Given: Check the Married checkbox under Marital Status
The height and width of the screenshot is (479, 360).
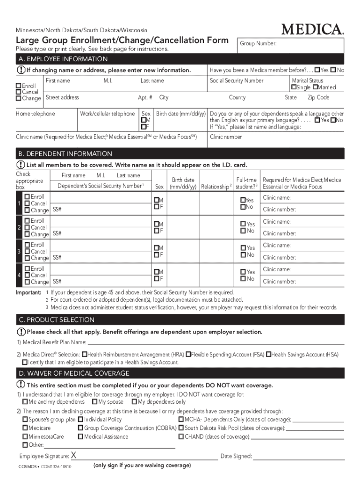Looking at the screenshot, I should (x=316, y=87).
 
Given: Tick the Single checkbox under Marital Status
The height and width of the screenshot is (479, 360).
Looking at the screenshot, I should (x=294, y=87).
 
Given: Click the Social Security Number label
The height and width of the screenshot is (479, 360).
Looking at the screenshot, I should (x=237, y=81).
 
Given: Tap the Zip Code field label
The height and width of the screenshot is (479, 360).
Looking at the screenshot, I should (x=318, y=98).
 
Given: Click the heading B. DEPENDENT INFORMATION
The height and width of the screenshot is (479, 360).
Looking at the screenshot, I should (x=65, y=154).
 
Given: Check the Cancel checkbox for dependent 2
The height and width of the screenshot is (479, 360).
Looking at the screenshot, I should (x=27, y=227).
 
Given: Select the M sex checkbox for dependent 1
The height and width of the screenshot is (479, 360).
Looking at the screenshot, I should (x=157, y=200).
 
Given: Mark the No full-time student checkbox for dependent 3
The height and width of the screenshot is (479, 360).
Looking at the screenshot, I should (x=243, y=255).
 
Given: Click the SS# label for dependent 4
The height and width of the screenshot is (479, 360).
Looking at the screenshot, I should (x=57, y=282).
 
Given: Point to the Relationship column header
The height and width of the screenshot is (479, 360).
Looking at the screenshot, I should (x=216, y=187).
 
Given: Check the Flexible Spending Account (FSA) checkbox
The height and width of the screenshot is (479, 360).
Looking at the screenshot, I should (x=188, y=355).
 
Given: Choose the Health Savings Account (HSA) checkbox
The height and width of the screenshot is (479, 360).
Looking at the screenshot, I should (x=268, y=355).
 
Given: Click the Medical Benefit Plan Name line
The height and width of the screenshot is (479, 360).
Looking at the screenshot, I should (x=215, y=342).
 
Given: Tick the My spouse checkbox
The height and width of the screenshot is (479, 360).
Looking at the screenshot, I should (x=95, y=402).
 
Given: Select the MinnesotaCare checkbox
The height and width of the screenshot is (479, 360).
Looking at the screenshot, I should (x=25, y=436).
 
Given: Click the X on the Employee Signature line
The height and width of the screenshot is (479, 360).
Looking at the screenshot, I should (x=74, y=456).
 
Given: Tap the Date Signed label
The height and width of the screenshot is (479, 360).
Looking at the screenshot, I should (x=236, y=457).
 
